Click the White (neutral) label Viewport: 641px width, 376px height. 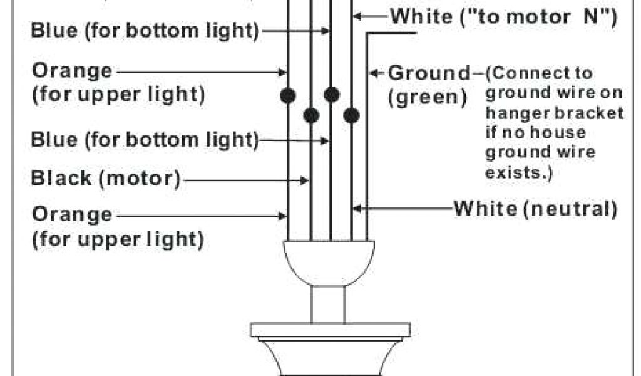[535, 207]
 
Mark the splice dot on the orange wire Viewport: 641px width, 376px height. [288, 95]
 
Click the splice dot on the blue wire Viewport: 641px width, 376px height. [332, 95]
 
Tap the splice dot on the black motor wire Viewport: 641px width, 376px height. [311, 115]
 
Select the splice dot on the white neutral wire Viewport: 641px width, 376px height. [352, 115]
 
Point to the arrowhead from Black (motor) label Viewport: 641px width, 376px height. [307, 180]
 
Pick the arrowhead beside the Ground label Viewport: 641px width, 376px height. [374, 73]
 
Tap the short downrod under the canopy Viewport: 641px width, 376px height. [328, 305]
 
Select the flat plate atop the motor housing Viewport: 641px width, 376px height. [330, 330]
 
